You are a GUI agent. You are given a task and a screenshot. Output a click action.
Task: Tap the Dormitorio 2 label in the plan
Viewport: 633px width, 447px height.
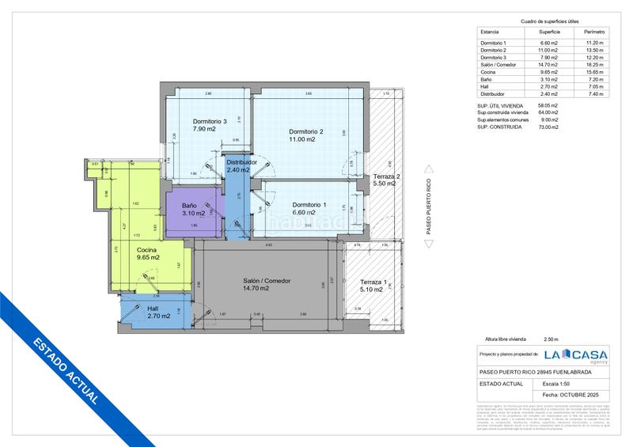click(306, 131)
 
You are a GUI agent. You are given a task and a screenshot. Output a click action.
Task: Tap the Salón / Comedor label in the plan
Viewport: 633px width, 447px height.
click(267, 281)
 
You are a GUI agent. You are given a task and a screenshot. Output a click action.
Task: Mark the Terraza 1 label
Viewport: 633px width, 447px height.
click(373, 283)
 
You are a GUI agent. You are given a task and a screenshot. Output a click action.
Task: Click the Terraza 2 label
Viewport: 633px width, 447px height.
click(386, 176)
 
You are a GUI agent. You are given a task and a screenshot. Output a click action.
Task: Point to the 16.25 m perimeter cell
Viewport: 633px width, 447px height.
click(594, 65)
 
